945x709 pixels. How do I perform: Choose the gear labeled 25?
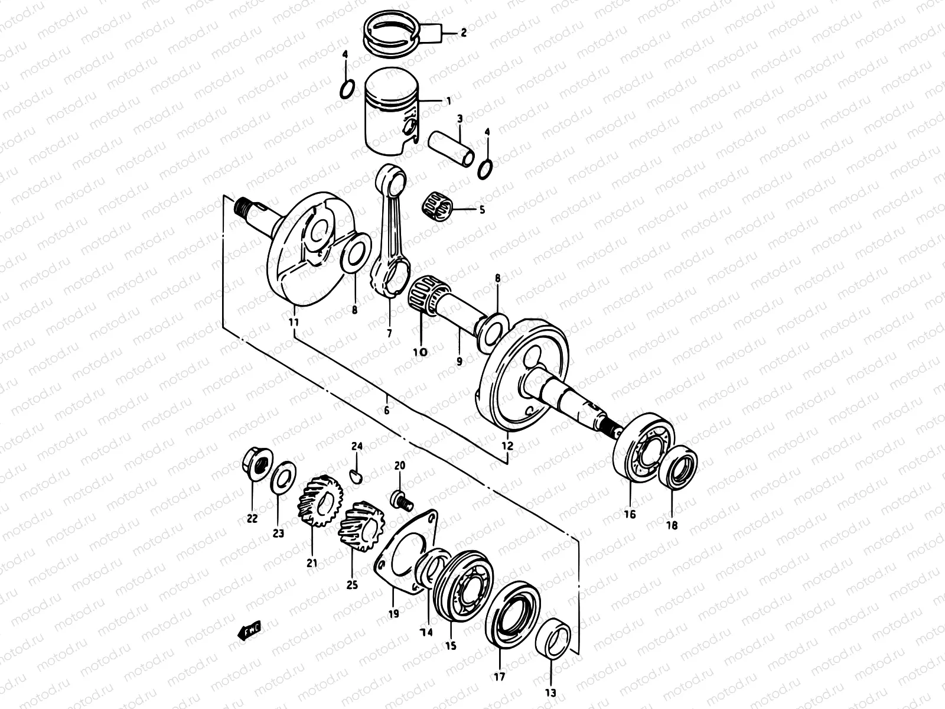361,526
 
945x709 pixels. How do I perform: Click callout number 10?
420,352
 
